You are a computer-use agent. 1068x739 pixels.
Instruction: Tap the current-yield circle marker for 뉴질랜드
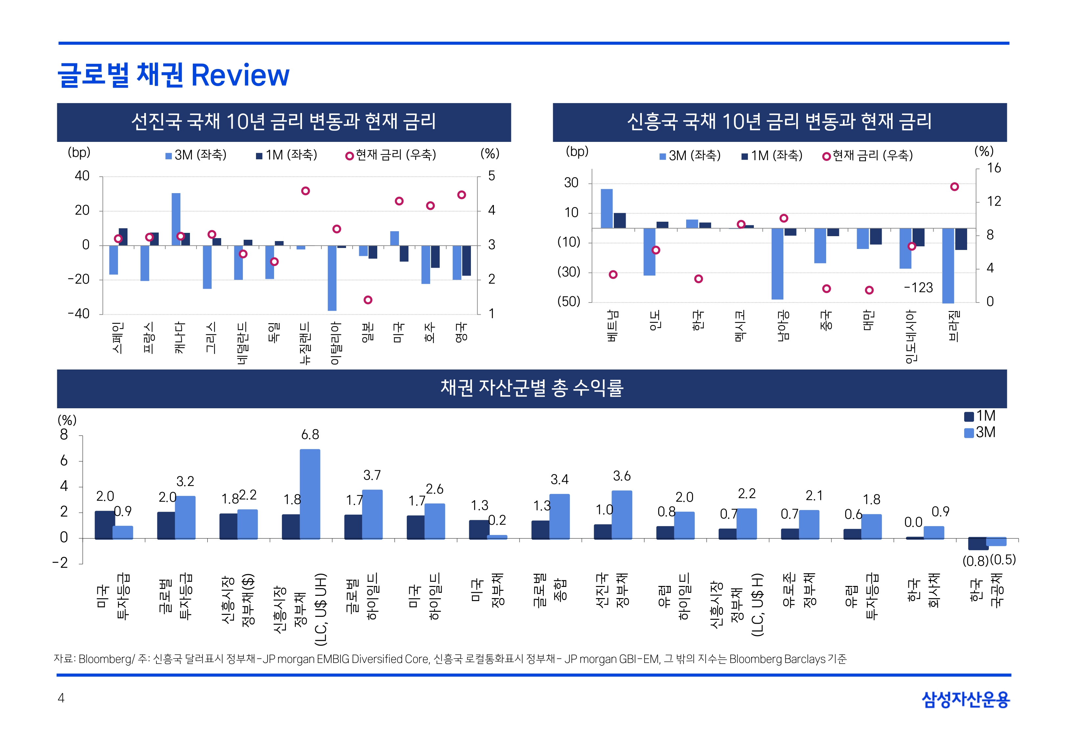click(x=305, y=191)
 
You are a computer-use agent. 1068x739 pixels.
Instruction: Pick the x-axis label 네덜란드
click(x=243, y=343)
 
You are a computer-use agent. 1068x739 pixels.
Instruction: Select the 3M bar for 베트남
click(x=606, y=208)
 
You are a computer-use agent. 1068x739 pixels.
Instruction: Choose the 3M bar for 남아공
click(x=777, y=264)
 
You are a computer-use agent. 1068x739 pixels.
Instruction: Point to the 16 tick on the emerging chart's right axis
click(x=993, y=168)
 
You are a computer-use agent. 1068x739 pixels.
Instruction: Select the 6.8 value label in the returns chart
click(x=310, y=434)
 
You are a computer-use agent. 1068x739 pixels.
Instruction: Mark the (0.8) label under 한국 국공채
click(x=975, y=561)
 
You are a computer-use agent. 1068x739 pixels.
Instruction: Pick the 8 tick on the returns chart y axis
click(x=64, y=435)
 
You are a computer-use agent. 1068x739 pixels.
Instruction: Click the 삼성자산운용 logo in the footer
click(x=966, y=699)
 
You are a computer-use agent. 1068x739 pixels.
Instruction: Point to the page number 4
click(x=61, y=698)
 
